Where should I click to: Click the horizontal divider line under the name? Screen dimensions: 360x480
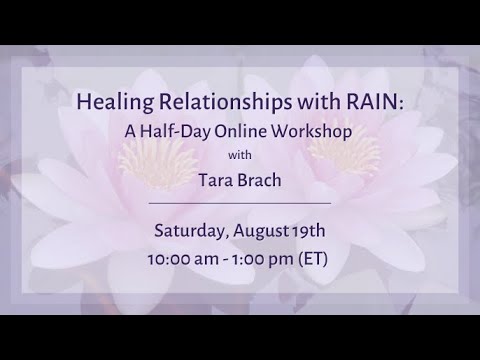click(x=240, y=203)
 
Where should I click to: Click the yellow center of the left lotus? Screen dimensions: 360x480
click(x=150, y=160)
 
